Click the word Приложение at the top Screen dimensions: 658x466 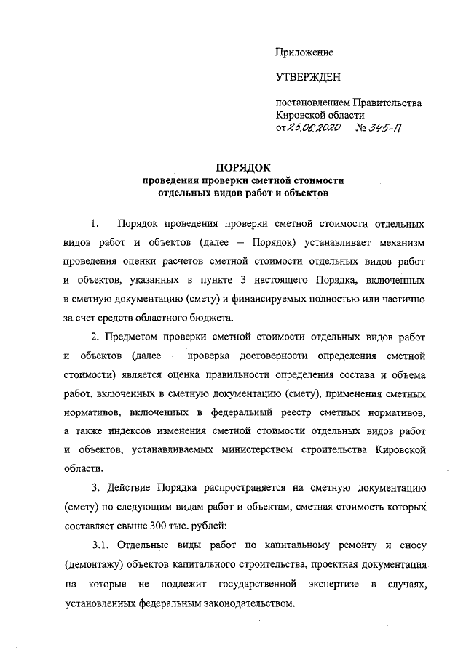click(304, 52)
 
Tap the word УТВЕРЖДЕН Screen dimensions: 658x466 click(308, 76)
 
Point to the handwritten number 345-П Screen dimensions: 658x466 click(386, 128)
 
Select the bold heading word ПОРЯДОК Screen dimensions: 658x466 click(243, 167)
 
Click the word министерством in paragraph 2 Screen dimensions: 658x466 click(240, 450)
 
